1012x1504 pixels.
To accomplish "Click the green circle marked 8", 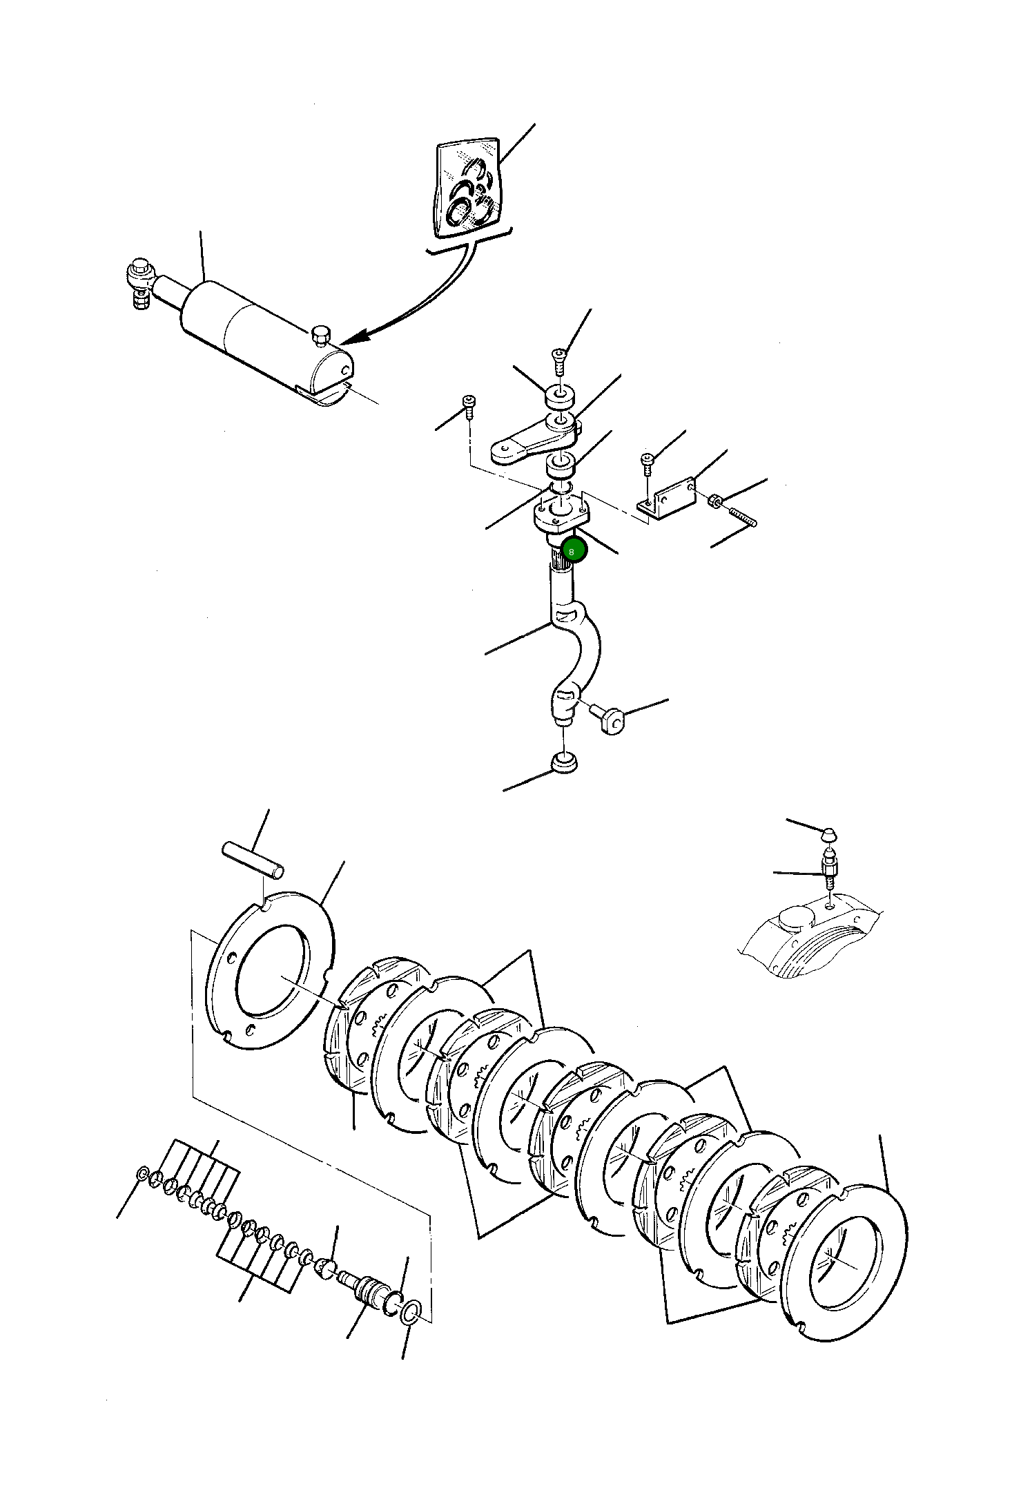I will (x=574, y=551).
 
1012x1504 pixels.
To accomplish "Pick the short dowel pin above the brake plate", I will (x=252, y=859).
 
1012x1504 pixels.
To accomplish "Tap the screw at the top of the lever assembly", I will (x=558, y=360).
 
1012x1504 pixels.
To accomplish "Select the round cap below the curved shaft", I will (x=564, y=762).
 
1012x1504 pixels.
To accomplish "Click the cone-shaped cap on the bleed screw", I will (x=831, y=834).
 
